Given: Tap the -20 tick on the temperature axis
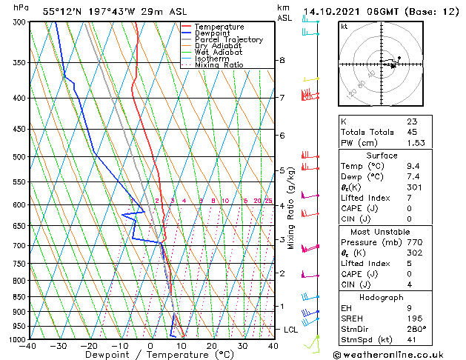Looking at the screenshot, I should [89, 346].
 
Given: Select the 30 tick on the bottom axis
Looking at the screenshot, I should [242, 346].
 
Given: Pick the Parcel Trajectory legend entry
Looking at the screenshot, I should [228, 40].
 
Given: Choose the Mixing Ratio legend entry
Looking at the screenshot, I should [219, 65].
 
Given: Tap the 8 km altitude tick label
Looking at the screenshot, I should [282, 60].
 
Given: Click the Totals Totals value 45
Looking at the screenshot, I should [412, 132].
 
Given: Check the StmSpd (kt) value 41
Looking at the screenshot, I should [412, 339].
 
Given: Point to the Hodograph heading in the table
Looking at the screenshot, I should [382, 296].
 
